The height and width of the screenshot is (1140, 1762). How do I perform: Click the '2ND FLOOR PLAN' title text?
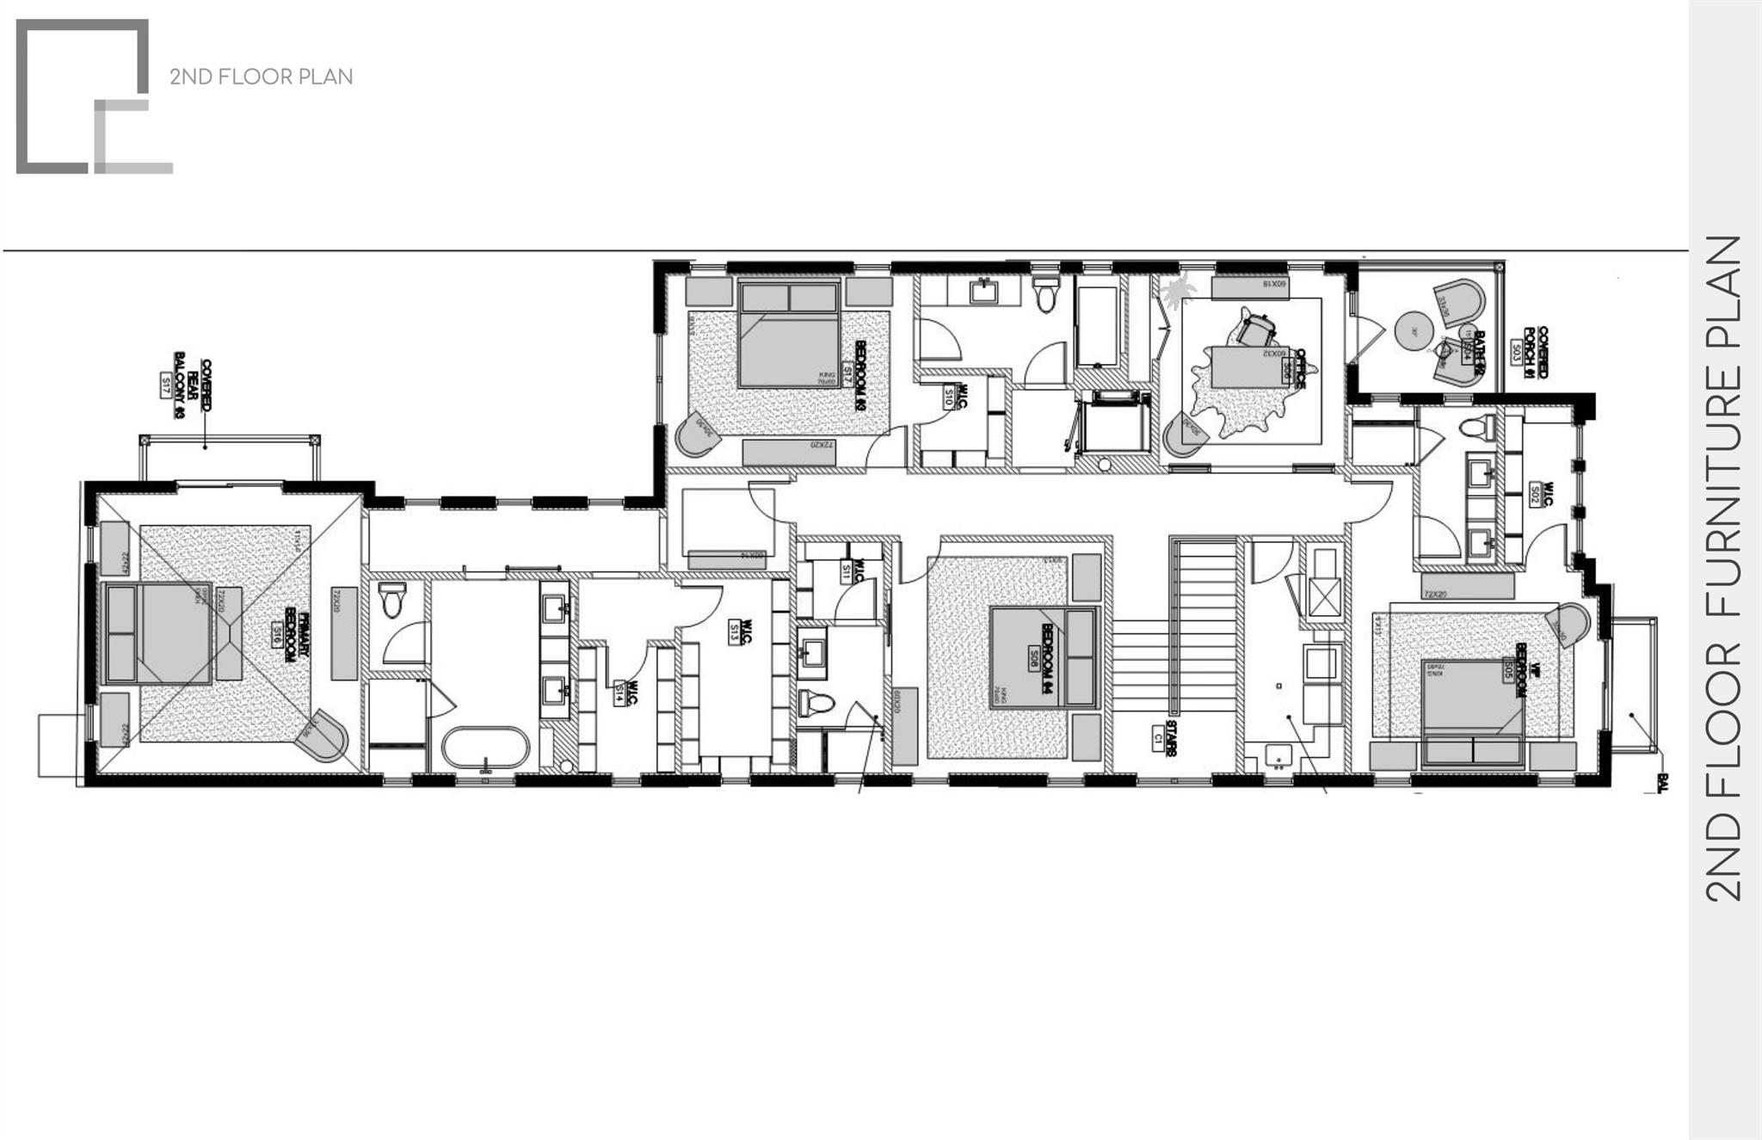click(261, 77)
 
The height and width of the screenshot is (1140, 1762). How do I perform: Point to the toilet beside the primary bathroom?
click(392, 600)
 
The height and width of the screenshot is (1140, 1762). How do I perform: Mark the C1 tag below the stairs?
click(1158, 736)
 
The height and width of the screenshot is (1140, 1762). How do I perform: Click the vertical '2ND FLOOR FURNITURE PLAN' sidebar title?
click(1723, 569)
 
